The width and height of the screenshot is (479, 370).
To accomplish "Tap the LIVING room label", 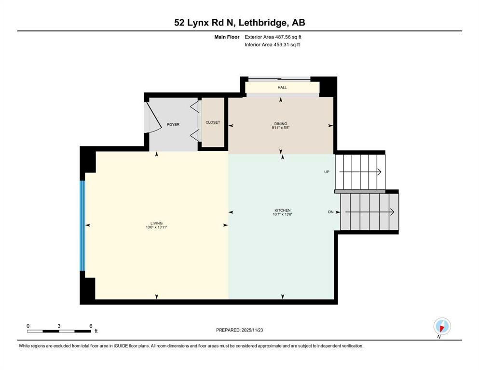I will coord(156,223).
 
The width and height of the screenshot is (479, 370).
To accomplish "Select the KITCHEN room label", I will coord(282,211).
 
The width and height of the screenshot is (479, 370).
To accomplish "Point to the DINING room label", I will coord(280,124).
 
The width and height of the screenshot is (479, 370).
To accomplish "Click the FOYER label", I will coord(173,125).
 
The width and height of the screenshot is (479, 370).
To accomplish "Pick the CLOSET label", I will coord(213,122).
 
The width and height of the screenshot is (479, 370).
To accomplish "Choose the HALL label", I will coord(282,88).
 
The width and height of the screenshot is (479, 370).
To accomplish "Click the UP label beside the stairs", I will coord(327,172).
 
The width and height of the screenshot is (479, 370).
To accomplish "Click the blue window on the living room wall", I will coord(82,225).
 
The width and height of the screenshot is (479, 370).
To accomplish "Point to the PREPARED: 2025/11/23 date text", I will coord(239,330).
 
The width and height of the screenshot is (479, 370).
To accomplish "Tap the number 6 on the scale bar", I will coord(91,326).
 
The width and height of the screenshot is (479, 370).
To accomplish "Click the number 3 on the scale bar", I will coord(59,326).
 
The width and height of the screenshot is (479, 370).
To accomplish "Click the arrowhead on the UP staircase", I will coord(379,172).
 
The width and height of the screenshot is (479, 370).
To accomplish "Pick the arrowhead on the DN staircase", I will coord(392,212).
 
